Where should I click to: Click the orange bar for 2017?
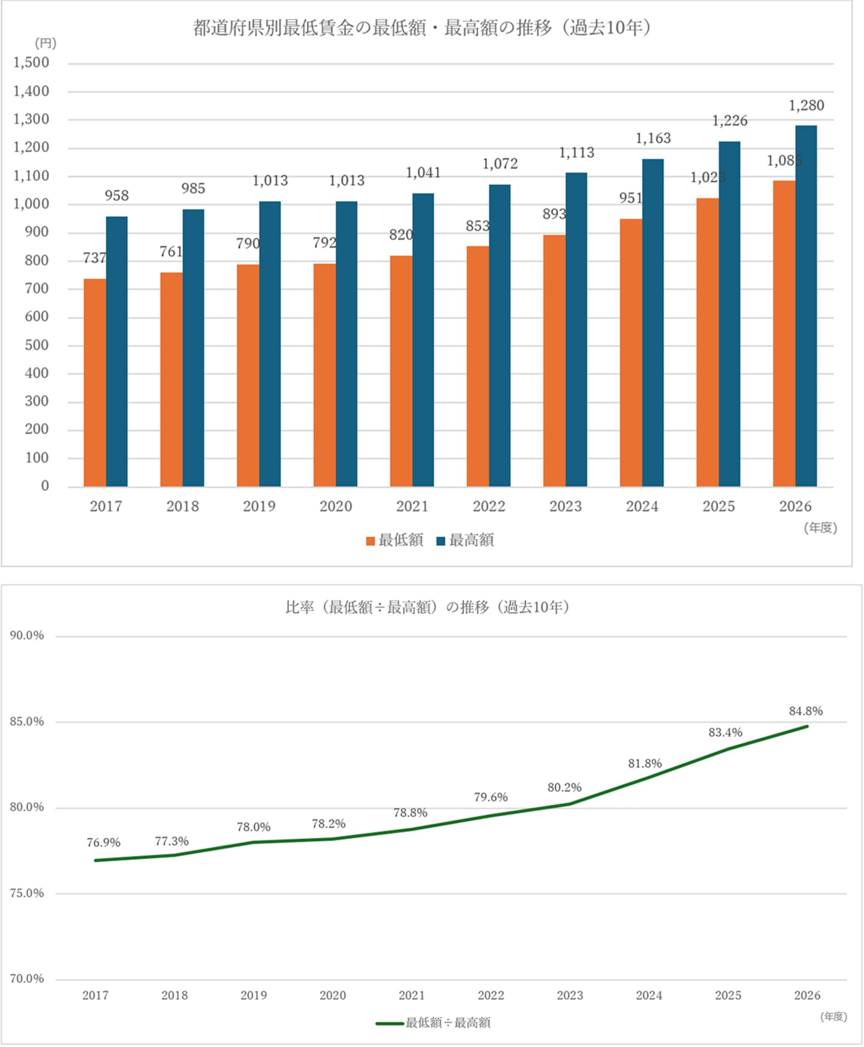coord(95,382)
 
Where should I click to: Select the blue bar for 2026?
coord(806,306)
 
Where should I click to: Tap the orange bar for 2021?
coord(401,371)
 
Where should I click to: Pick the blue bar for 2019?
coord(270,344)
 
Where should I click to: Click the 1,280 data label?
coord(806,106)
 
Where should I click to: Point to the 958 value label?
coord(117,196)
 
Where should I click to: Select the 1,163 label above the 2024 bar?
coord(653,138)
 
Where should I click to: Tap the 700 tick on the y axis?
coord(37,289)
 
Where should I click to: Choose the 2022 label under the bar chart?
coord(489,506)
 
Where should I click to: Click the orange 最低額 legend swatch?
coord(370,541)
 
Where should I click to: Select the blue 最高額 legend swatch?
coord(441,541)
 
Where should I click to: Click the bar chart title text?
coord(422,28)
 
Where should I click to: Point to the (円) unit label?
coord(45,44)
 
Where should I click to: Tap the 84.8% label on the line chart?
coord(806,711)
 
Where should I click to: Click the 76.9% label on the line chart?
coord(104,843)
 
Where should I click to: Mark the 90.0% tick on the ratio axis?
coord(27,636)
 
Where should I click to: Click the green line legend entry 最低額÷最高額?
coord(433,1023)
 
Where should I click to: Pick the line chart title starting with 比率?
coord(428,607)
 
